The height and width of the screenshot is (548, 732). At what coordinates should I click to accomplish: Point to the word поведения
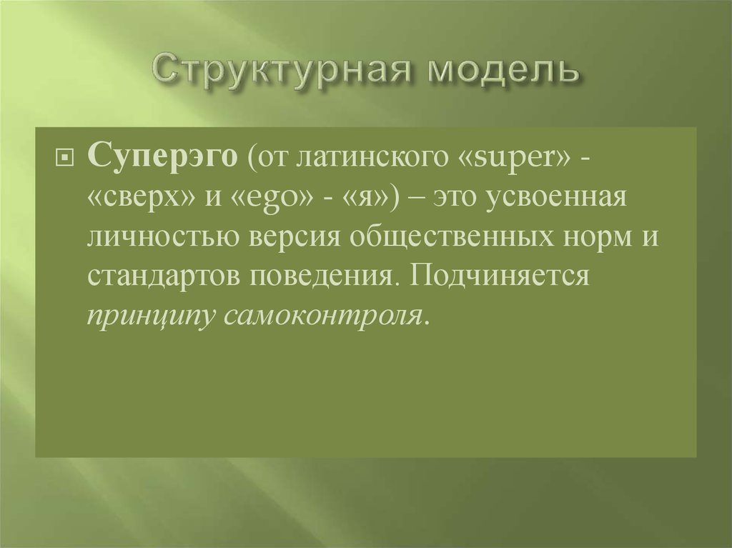pyautogui.click(x=316, y=276)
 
